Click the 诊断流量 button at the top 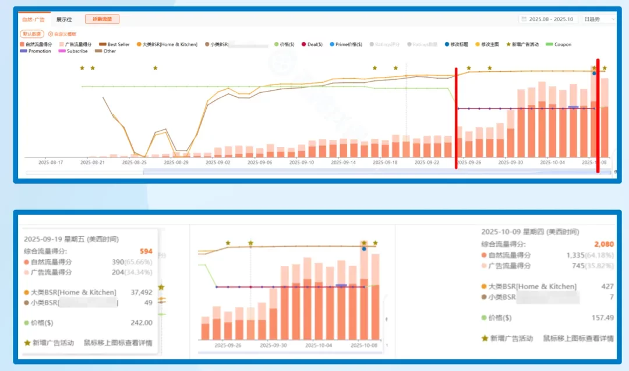pos(102,19)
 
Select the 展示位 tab pos(64,19)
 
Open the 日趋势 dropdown pos(598,19)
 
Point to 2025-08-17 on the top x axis pos(50,163)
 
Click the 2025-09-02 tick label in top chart pos(219,163)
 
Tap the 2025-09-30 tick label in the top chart pos(511,163)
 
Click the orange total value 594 pos(146,251)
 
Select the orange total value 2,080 pos(604,244)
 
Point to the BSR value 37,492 pos(142,292)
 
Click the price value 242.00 pos(142,323)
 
